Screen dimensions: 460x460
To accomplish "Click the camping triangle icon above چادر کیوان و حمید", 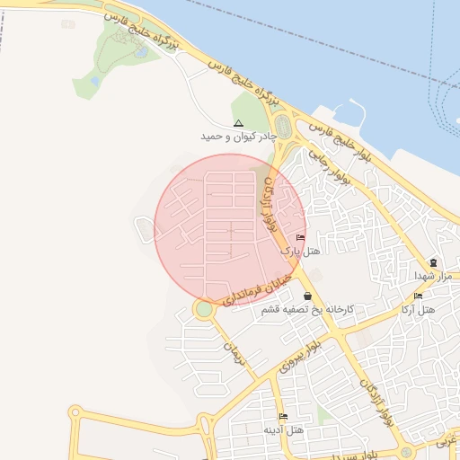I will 238,123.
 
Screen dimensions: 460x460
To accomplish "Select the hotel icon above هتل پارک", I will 300,238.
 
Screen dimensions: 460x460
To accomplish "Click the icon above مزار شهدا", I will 433,261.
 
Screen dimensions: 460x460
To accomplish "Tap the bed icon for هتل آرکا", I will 418,296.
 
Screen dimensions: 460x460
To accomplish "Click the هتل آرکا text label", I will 418,309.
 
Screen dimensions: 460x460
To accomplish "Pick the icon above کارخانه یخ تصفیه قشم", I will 308,296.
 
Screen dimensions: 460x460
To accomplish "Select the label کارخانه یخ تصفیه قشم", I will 307,309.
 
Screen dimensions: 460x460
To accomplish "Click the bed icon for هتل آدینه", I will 284,416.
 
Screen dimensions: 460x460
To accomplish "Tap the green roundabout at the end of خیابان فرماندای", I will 205,309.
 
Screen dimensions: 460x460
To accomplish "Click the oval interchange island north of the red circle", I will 283,127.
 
